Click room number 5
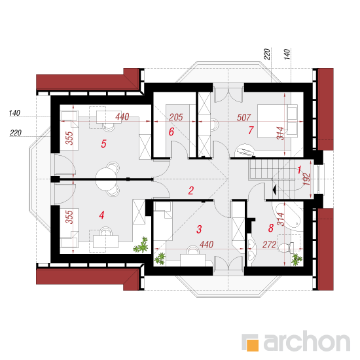[103, 144]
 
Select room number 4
[101, 215]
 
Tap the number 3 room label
[199, 229]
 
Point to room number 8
[271, 228]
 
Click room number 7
[251, 130]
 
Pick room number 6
[171, 132]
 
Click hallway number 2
[190, 190]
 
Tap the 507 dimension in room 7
[243, 118]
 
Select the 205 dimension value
[176, 117]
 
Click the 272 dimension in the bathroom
[269, 245]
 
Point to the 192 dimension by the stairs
[307, 179]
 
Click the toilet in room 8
[286, 247]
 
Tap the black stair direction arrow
[274, 190]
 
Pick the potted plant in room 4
[141, 245]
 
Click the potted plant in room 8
[297, 259]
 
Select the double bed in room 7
[278, 121]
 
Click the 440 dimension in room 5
[122, 117]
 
